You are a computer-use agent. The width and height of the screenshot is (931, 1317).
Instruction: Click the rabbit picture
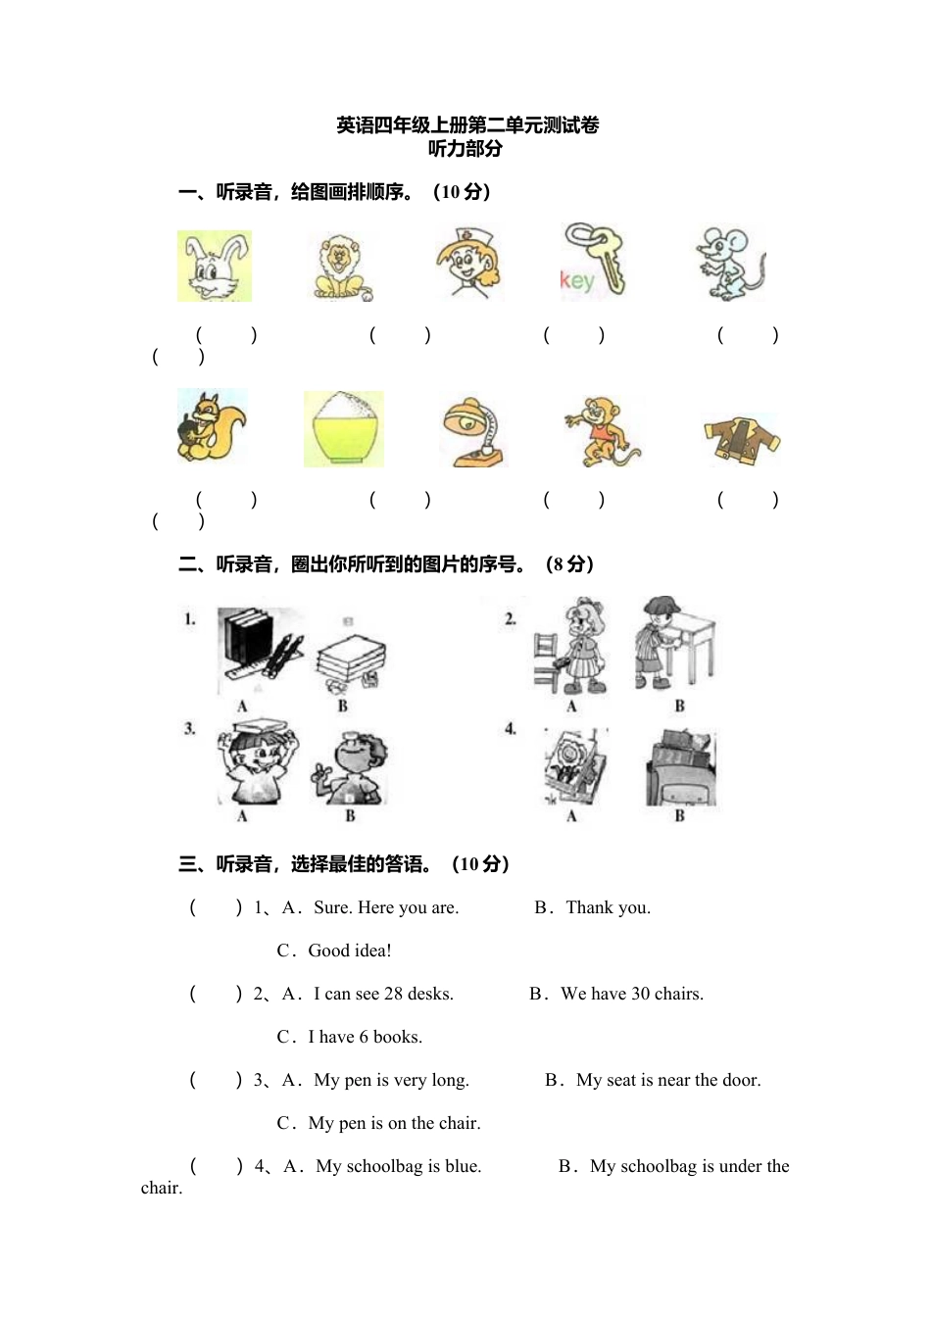click(x=215, y=267)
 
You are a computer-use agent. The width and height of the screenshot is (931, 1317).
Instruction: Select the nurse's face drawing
click(x=467, y=263)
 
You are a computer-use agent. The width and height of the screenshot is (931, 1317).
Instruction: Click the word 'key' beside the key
click(x=577, y=281)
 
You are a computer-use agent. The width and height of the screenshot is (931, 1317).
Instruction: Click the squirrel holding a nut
click(x=211, y=427)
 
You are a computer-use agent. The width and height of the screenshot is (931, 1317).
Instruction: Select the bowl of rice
click(x=343, y=429)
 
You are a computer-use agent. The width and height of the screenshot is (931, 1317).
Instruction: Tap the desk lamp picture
click(x=473, y=432)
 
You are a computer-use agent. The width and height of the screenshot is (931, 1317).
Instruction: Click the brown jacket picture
click(x=742, y=439)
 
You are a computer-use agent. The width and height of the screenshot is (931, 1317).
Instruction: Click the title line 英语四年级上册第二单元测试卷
click(x=467, y=125)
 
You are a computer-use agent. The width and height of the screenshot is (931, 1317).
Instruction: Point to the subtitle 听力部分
click(x=465, y=149)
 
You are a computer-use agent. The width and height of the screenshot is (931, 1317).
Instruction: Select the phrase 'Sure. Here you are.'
click(x=386, y=907)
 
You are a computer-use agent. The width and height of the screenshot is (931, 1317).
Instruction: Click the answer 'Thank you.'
click(x=608, y=907)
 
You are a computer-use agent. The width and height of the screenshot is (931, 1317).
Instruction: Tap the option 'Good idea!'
click(x=350, y=951)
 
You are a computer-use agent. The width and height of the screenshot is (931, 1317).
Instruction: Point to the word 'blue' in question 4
click(x=462, y=1166)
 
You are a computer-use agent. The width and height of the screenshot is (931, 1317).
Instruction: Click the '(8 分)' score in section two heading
click(x=569, y=564)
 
